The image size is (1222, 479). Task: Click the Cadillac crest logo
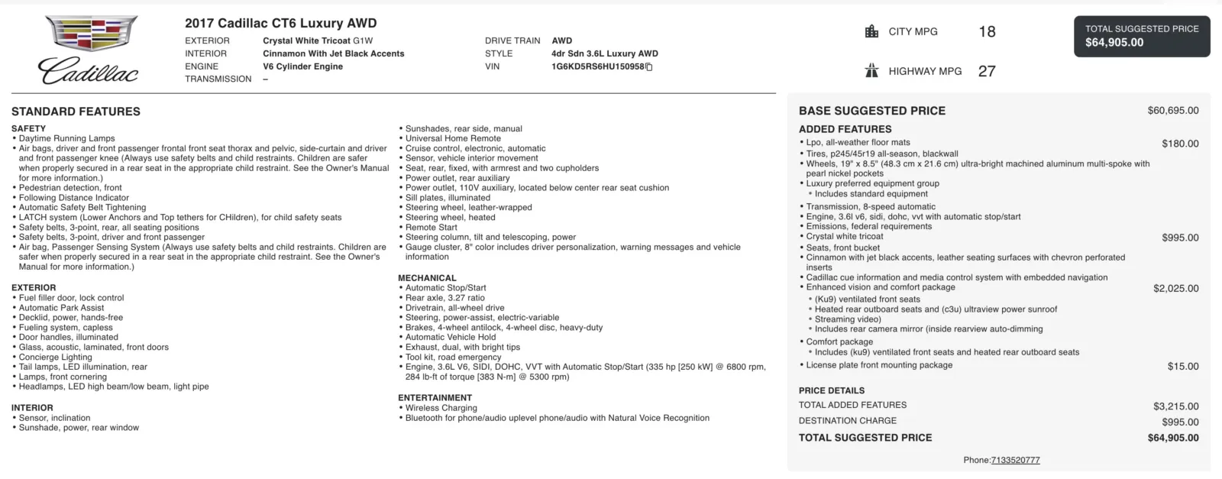90,34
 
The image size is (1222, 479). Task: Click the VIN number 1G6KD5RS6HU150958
597,66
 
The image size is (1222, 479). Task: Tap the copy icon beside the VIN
649,67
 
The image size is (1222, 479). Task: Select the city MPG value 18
987,31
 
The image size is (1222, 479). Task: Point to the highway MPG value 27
987,71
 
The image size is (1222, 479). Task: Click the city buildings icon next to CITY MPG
871,31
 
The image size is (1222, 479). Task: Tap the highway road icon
871,71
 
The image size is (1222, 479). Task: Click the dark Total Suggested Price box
1142,36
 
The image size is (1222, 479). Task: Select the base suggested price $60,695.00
1172,111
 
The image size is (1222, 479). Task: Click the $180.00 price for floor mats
1180,144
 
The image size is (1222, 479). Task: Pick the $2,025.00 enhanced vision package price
1175,289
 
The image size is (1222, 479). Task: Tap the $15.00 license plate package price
1183,367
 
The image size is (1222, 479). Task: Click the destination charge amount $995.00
1180,422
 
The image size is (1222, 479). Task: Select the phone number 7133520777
1015,461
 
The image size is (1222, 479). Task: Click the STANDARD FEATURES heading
76,112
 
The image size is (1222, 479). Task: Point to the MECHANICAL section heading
427,278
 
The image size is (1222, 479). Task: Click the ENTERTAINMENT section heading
435,398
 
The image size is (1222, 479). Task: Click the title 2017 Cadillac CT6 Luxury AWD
280,23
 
